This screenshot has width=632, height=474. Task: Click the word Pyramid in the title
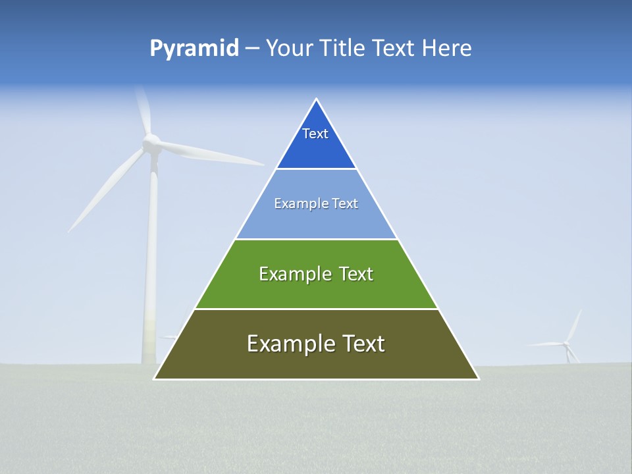point(194,49)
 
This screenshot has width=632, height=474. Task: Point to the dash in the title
point(251,49)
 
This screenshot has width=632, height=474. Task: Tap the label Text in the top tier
point(315,134)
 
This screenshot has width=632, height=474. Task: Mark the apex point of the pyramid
point(316,99)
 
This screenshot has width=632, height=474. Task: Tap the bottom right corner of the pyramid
point(478,379)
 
